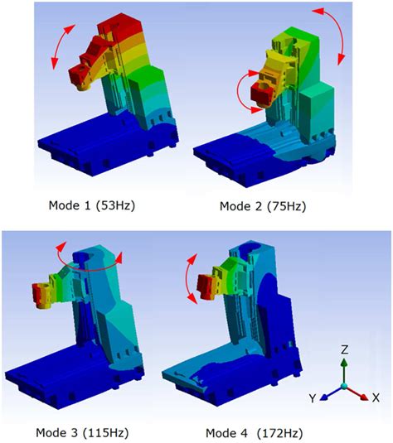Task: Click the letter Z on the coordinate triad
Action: click(x=344, y=349)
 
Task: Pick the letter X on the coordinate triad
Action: click(x=376, y=398)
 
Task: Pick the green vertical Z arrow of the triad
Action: click(x=344, y=368)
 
